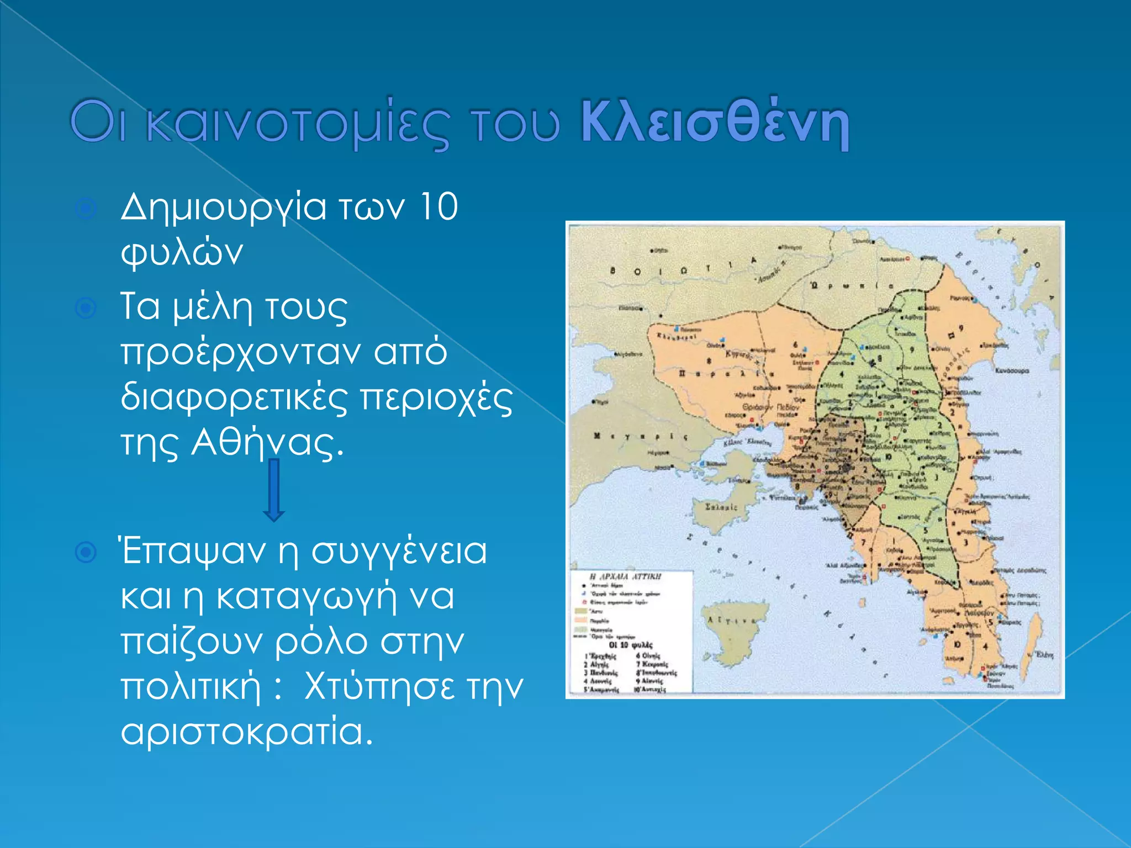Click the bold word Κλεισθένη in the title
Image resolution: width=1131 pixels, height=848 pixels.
(715, 123)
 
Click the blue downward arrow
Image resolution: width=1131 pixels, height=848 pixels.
(274, 490)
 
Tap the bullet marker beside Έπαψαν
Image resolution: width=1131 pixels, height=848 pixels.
(86, 552)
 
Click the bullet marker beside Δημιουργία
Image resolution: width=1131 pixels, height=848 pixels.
(86, 209)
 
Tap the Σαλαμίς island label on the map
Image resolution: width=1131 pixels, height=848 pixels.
(721, 507)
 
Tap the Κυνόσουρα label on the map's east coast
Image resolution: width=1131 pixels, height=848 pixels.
(1012, 371)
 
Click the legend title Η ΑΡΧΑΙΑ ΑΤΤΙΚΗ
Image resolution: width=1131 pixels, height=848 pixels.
(618, 576)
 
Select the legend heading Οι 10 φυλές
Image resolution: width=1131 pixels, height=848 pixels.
(630, 645)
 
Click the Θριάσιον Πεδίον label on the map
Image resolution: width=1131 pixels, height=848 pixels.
(770, 407)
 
